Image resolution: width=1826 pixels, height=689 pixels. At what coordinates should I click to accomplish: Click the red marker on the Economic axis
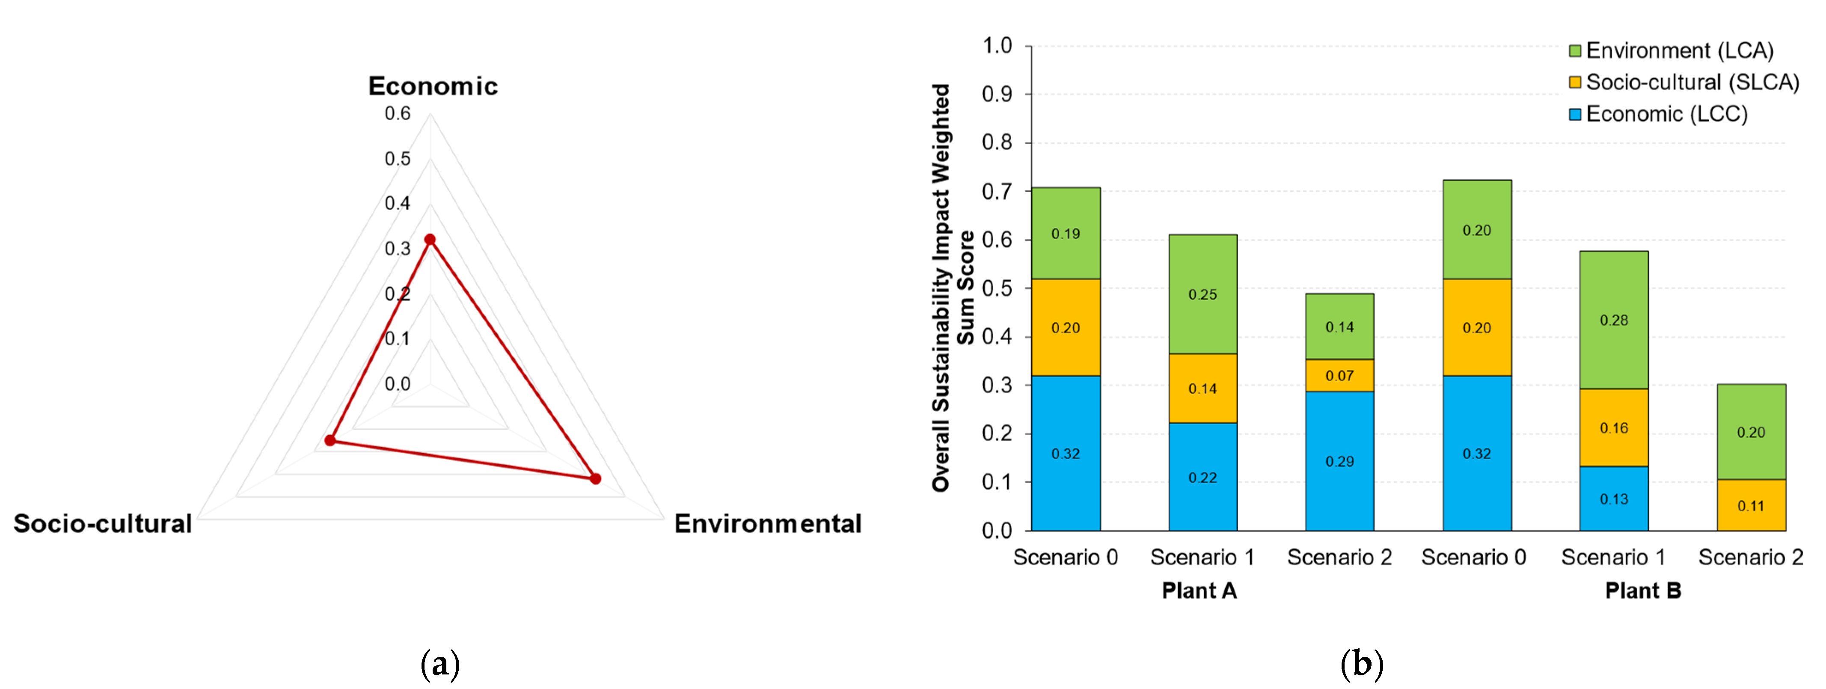click(430, 240)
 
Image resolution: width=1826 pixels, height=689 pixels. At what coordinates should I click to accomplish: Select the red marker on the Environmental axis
click(595, 478)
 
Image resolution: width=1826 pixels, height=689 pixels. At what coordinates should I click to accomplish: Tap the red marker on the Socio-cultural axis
click(330, 440)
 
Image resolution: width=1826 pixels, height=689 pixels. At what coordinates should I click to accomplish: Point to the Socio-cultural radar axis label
click(103, 523)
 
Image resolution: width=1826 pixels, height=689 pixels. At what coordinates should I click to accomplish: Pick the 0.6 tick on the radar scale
click(397, 113)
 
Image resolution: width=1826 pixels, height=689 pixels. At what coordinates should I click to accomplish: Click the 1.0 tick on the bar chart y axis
click(997, 46)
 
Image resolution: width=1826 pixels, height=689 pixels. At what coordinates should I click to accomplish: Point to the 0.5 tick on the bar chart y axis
click(997, 288)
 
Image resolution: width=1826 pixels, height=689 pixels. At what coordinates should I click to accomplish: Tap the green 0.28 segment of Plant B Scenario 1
click(1613, 320)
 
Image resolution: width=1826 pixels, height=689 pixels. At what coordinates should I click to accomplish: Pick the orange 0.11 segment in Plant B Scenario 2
click(1750, 505)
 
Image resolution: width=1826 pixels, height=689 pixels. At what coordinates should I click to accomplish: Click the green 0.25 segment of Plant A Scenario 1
click(1202, 294)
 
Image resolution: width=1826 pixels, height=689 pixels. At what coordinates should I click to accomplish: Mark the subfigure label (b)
click(1362, 664)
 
